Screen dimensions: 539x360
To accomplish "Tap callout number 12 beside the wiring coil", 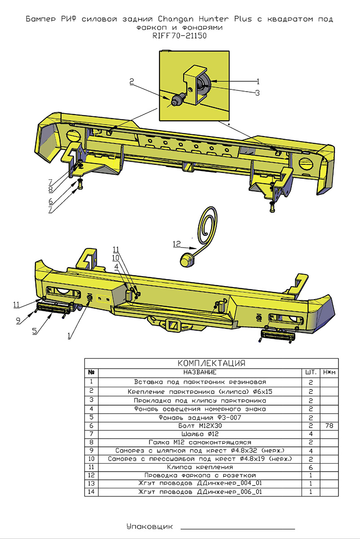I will click(x=177, y=244).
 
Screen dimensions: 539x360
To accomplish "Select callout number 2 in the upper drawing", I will click(x=132, y=81).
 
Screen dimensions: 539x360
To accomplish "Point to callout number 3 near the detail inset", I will click(x=257, y=93).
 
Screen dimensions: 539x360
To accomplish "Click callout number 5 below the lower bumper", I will click(x=34, y=331).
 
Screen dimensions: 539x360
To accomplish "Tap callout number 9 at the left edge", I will click(x=18, y=321).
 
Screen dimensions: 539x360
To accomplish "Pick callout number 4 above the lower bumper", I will click(x=117, y=266).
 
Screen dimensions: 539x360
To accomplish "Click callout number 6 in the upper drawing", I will click(x=51, y=201).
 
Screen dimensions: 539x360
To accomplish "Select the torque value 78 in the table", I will click(x=329, y=425).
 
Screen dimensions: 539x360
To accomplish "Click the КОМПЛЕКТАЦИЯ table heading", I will click(x=211, y=363).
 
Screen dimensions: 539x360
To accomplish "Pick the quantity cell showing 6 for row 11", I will click(x=311, y=467).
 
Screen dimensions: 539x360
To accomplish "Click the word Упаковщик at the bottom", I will click(x=149, y=526).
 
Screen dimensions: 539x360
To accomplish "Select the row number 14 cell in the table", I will click(x=91, y=492).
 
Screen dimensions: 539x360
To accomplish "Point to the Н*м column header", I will click(x=329, y=372).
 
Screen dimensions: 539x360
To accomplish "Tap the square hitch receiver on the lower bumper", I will click(x=172, y=323).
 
